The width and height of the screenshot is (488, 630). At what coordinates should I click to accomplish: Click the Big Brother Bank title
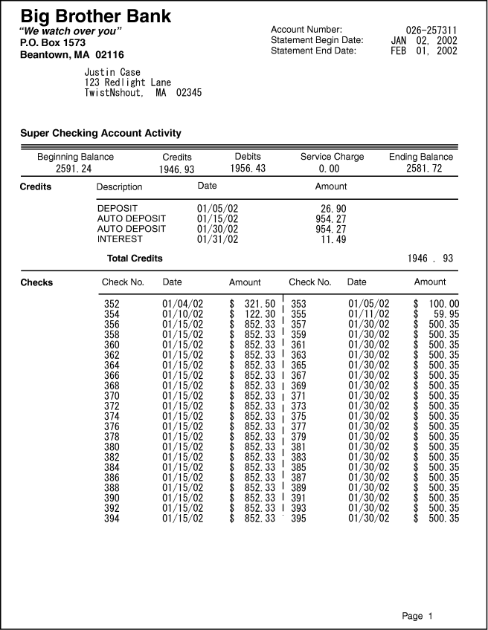coord(95,16)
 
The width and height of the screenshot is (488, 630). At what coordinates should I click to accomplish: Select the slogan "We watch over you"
coord(71,32)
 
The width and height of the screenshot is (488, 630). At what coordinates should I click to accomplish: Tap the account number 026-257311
coord(431,30)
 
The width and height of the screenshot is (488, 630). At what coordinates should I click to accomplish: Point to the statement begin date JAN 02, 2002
coord(424,41)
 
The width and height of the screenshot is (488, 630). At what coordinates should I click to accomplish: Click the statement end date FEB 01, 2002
coord(424,51)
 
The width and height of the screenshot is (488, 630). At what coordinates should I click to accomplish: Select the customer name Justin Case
coord(112,73)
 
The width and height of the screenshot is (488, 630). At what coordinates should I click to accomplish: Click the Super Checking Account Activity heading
coord(100,134)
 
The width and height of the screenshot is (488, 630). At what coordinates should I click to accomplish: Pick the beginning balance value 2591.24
coord(74,169)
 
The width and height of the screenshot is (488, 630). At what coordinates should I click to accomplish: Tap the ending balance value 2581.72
coord(424,169)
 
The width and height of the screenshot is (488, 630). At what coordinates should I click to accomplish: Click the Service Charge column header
coord(332,157)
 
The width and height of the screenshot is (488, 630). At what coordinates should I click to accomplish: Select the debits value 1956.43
coord(248,169)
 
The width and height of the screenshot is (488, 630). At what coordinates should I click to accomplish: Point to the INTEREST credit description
coord(120,239)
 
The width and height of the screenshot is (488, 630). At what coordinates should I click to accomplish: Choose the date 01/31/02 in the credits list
coord(217,239)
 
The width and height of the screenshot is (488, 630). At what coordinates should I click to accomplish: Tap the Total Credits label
coord(135,259)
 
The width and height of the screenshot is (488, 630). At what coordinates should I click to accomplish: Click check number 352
coord(112,304)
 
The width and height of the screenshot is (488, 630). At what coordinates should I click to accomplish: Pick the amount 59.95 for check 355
coord(444,314)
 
